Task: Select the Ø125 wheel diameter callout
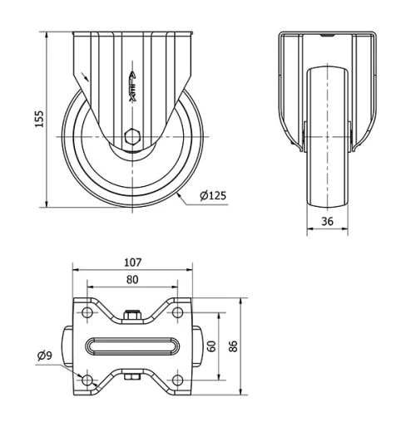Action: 213,196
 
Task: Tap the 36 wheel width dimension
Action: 327,221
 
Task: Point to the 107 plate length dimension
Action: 132,263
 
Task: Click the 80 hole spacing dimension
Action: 132,280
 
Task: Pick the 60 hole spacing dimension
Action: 211,346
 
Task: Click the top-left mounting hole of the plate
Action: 87,312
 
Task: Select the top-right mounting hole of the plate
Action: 177,312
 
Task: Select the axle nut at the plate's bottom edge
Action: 132,378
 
